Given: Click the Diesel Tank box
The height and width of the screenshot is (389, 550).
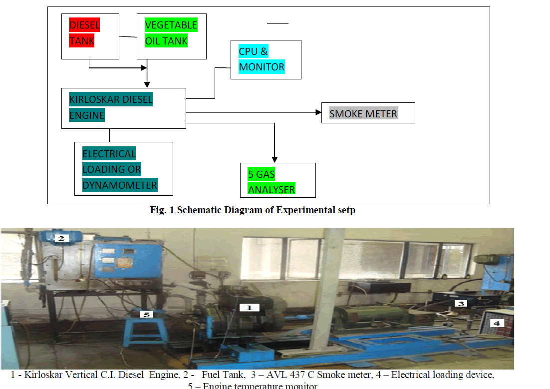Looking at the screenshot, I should coord(90,37).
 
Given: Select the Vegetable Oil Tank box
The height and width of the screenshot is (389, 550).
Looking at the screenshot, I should coord(171,37).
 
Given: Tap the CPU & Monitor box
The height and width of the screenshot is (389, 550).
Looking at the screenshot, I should coord(266,59).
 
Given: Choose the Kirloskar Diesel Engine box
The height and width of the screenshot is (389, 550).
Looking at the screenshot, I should coord(123,108).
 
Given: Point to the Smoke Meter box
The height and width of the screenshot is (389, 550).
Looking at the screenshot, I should coord(368,113).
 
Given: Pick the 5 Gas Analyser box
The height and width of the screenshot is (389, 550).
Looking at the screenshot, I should coord(277,180).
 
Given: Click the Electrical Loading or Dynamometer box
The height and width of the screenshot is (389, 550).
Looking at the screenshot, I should coord(123,169).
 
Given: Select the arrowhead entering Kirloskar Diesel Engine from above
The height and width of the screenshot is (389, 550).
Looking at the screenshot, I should coord(147,85).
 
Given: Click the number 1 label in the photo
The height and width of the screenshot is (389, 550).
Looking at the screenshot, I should coord(250,308).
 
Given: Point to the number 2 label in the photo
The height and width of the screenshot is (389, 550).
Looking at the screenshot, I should coord(61,239).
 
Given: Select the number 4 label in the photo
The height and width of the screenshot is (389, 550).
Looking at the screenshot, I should coord(497,323).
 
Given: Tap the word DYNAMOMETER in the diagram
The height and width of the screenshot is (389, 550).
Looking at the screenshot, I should coord(120,185).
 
